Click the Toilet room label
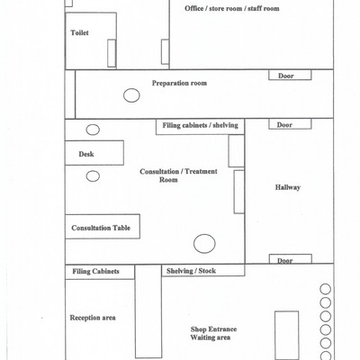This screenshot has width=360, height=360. coord(79,32)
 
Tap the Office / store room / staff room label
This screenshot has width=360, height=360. coord(232,8)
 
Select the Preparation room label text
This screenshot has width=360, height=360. coord(179,83)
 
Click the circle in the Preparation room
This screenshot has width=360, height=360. coord(131,95)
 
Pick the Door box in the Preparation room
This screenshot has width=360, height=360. coord(290,76)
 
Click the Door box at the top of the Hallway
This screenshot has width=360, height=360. coord(290,124)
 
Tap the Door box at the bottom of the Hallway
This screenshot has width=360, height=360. coord(291,259)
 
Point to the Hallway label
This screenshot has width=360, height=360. coord(288,187)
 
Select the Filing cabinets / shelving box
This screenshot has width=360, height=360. coord(200,127)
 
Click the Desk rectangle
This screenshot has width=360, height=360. coord(94,153)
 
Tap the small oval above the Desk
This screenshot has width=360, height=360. coord(93,130)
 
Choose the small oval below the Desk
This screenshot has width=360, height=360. coord(93,176)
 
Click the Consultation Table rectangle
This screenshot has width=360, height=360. coord(103,227)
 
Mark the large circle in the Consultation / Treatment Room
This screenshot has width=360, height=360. coord(204,244)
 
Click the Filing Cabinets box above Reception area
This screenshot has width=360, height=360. coord(100,272)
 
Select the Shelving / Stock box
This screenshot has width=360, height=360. coord(203,270)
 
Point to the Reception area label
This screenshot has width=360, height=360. coord(93,318)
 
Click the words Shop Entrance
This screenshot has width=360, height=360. coord(213,329)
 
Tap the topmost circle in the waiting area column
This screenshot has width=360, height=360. coord(325,289)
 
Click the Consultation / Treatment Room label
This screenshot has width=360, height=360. coord(178,175)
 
